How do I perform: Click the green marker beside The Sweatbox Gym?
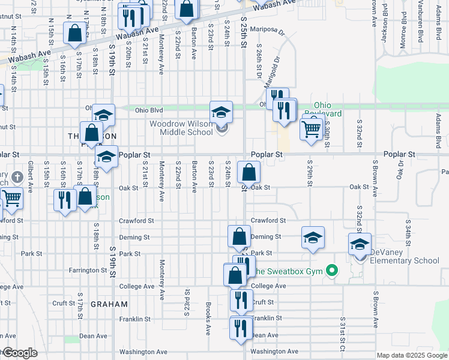330,272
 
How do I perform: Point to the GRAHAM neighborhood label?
109,304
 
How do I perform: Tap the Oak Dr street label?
399,169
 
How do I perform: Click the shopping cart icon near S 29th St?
311,128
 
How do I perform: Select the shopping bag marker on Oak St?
249,173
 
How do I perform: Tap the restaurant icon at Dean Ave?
241,328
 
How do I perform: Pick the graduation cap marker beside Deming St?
313,238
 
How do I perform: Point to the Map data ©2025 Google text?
411,355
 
